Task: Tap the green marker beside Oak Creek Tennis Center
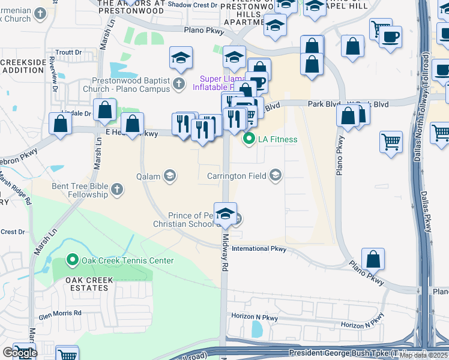click(x=73, y=260)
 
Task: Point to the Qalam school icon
click(x=170, y=175)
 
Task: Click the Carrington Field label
click(x=236, y=176)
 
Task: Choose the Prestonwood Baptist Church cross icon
click(x=179, y=84)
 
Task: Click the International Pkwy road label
click(x=259, y=248)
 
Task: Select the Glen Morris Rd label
click(x=60, y=313)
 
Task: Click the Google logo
click(x=19, y=352)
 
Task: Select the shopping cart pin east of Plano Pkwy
click(x=391, y=142)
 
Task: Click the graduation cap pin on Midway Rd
click(x=225, y=214)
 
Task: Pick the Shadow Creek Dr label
click(x=192, y=5)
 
